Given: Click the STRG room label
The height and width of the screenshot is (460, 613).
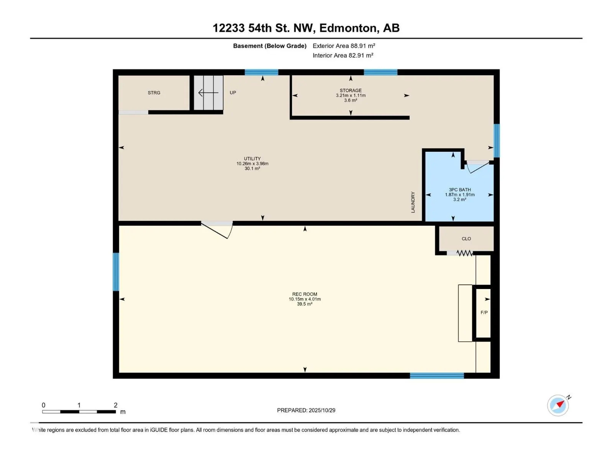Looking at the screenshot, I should pos(154,93).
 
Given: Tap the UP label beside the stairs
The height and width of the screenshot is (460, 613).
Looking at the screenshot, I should pos(233,93).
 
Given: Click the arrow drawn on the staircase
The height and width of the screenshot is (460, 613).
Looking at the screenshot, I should pos(208,93).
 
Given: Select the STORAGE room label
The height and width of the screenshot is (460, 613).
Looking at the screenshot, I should pos(351,90).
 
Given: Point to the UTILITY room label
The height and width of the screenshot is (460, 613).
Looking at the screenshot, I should pos(252,159).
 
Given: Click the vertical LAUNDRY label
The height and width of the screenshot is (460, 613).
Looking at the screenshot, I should pos(413,202).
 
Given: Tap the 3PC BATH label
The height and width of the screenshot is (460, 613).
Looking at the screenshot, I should pos(460,190).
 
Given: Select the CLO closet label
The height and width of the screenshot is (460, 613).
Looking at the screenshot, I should pos(466,239).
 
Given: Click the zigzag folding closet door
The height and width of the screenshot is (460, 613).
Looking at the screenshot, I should pos(465,253).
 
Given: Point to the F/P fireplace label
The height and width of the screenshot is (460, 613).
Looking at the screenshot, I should pos(484,313).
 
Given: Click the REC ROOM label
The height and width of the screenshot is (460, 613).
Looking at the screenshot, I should pos(305,294).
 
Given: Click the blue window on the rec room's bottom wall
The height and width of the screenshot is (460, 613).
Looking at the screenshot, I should pos(437,376).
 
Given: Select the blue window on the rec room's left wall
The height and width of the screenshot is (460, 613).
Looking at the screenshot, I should pos(116,272).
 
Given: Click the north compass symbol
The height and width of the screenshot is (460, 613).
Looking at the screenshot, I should pos(558,405).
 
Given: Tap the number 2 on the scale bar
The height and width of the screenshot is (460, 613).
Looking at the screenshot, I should pos(116,405).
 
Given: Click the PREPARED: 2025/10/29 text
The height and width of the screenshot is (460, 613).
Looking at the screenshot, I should pos(306,410).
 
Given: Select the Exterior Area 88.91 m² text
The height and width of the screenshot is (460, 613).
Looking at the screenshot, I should pos(344,46).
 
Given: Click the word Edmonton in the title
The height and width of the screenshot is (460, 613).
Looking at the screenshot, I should pos(348,28).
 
